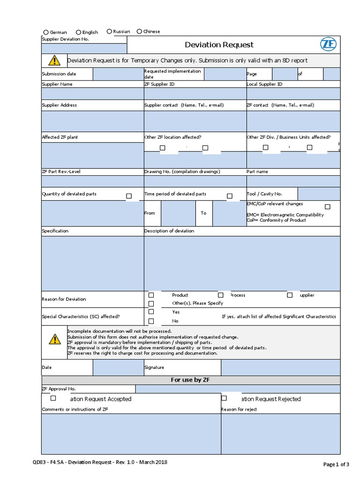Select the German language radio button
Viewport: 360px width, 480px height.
tap(46, 32)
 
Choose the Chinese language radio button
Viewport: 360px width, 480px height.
tap(139, 31)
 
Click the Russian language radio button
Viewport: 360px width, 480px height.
tap(109, 31)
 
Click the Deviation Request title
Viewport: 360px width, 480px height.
tap(219, 45)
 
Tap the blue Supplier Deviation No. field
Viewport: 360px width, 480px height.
tap(84, 48)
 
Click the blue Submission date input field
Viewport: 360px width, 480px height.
tap(118, 74)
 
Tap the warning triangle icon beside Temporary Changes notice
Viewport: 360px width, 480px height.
tap(54, 60)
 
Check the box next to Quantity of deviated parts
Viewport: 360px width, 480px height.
tap(129, 196)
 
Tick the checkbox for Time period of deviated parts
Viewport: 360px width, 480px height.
tap(230, 196)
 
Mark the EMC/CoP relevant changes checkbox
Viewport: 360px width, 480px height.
tap(328, 207)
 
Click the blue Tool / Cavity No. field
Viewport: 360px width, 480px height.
tap(319, 194)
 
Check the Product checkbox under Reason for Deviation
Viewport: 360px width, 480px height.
tap(151, 295)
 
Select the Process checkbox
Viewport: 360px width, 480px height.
tap(220, 295)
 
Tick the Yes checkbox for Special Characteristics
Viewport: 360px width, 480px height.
tap(151, 312)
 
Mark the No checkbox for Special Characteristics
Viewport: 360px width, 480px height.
tap(151, 321)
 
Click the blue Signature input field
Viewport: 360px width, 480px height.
tap(280, 367)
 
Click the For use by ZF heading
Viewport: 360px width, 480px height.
tap(190, 380)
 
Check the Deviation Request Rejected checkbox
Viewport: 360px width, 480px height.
tap(224, 398)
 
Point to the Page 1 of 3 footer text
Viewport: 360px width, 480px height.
tap(336, 465)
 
